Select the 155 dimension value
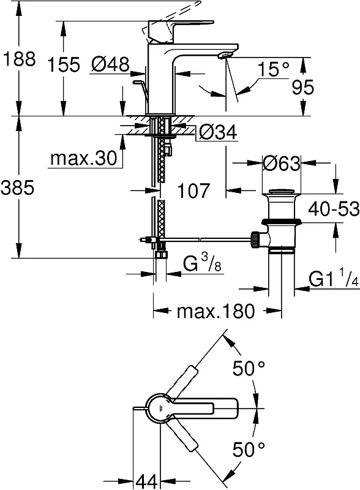point(64,65)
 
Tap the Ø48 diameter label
point(110,64)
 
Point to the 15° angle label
point(274,69)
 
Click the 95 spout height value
point(303,87)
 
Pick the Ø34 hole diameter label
point(218,133)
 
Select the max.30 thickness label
point(84,158)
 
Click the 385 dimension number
point(17,188)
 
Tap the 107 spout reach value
point(193,190)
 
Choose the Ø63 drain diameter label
point(281,163)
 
